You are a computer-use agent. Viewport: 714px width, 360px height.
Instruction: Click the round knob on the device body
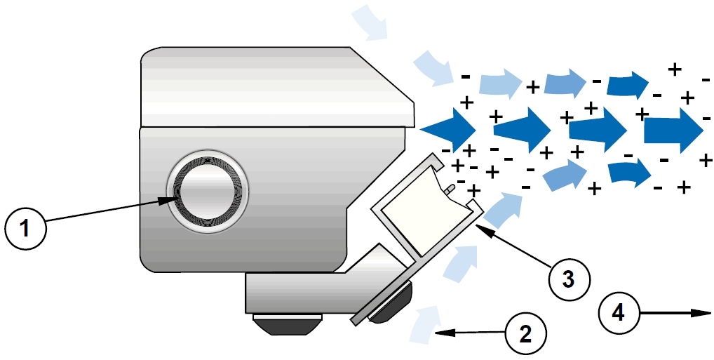coord(207,189)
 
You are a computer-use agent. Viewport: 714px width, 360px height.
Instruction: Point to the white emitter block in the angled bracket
coord(419,211)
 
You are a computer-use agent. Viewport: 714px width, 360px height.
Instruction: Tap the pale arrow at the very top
coord(370,22)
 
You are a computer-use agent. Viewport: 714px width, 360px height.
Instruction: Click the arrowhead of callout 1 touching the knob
coord(168,200)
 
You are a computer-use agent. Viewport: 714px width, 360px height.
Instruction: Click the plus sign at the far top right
coord(675,69)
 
